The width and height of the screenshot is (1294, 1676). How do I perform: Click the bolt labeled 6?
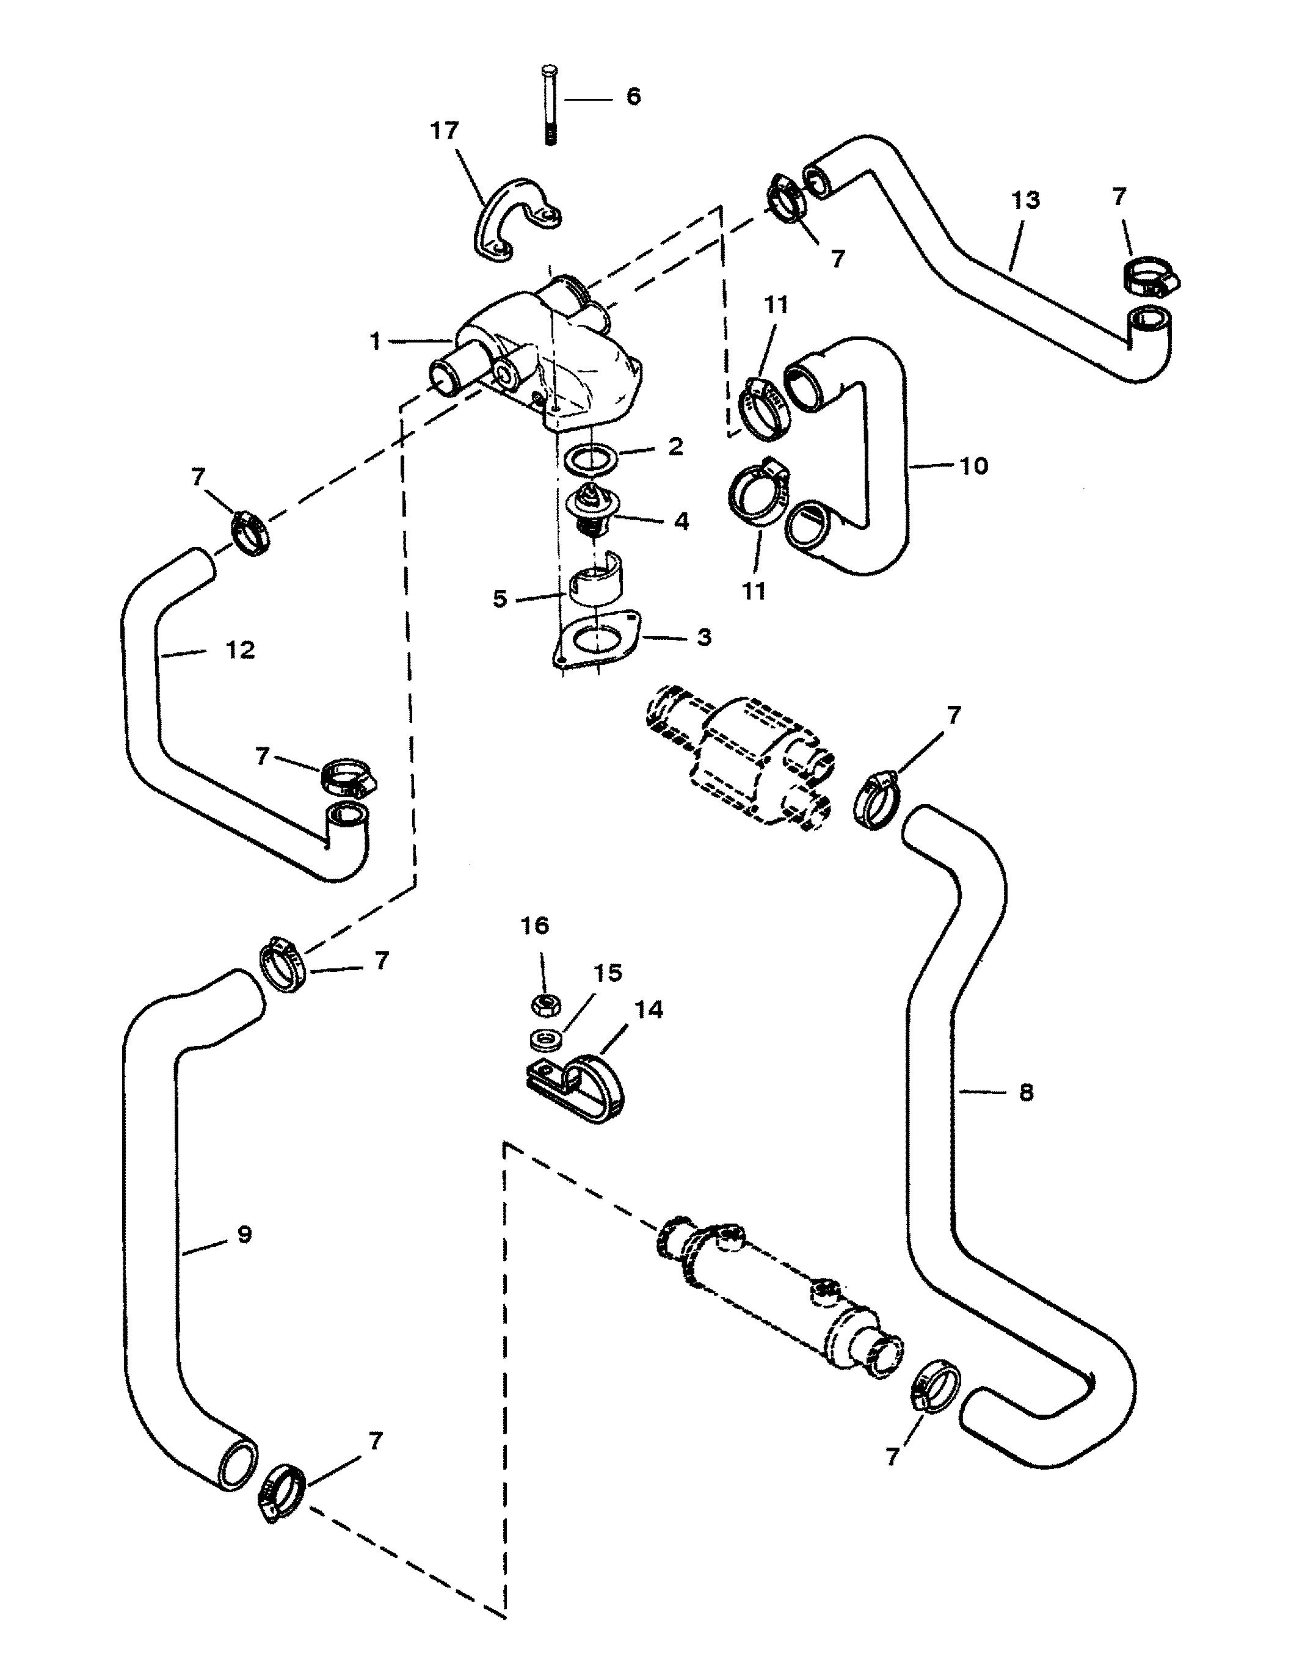click(550, 106)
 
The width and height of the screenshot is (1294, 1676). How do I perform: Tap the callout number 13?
click(1025, 200)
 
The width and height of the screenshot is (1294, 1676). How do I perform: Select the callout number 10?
click(974, 465)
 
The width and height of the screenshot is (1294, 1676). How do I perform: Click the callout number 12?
click(240, 650)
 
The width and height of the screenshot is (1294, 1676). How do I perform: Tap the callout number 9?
click(244, 1234)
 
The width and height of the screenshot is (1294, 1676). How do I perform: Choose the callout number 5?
click(500, 598)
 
